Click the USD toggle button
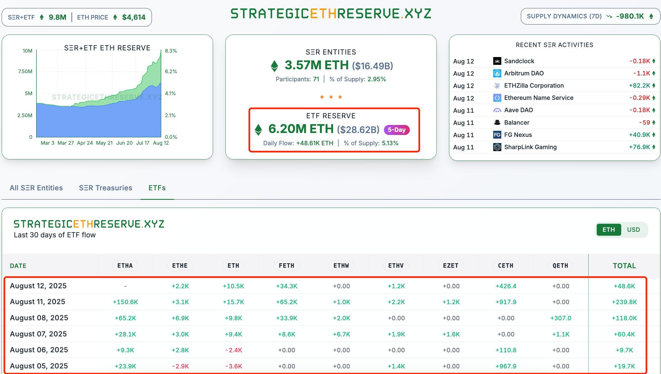pos(633,230)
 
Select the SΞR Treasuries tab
pos(105,188)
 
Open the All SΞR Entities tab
pos(36,188)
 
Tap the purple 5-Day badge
pos(396,130)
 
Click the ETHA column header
pos(125,265)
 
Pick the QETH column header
pos(560,265)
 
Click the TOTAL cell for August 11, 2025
pos(624,302)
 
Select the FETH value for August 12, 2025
pos(287,286)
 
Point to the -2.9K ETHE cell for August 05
pos(180,366)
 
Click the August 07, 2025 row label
pos(38,334)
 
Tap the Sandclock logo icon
pos(497,61)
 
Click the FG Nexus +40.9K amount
pos(639,135)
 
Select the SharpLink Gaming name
pos(530,147)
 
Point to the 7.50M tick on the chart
pos(25,72)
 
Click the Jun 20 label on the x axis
pos(124,143)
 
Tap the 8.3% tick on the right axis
pos(171,51)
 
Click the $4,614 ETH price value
pos(134,17)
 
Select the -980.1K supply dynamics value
pos(630,16)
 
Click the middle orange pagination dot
pos(331,97)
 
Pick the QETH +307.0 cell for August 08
pos(561,318)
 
